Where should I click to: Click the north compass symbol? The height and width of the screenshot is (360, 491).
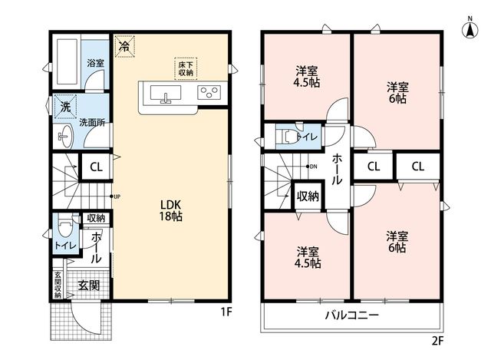pyautogui.click(x=470, y=28)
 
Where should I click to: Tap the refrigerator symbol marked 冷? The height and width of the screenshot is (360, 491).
pyautogui.click(x=124, y=47)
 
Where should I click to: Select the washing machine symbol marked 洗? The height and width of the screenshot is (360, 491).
pyautogui.click(x=65, y=107)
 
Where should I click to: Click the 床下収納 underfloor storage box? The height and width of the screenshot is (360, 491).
pyautogui.click(x=186, y=68)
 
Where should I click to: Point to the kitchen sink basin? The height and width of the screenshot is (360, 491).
pyautogui.click(x=166, y=93)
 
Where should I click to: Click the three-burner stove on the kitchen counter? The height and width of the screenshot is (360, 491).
pyautogui.click(x=209, y=92)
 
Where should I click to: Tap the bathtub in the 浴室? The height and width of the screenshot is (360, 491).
pyautogui.click(x=67, y=61)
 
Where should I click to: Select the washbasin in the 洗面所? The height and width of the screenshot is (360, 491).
pyautogui.click(x=65, y=137)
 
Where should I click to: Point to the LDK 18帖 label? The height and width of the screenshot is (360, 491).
pyautogui.click(x=170, y=210)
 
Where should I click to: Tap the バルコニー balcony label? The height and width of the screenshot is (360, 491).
pyautogui.click(x=351, y=315)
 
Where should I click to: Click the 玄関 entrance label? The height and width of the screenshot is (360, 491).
pyautogui.click(x=89, y=285)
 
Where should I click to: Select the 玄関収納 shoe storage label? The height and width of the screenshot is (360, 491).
pyautogui.click(x=58, y=285)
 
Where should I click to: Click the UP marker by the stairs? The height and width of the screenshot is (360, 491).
pyautogui.click(x=115, y=197)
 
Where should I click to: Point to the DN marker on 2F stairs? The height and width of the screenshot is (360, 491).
pyautogui.click(x=311, y=167)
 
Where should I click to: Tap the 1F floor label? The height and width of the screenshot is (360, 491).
pyautogui.click(x=226, y=312)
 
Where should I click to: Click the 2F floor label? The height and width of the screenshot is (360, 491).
pyautogui.click(x=438, y=341)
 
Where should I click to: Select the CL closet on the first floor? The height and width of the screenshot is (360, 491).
pyautogui.click(x=96, y=167)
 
